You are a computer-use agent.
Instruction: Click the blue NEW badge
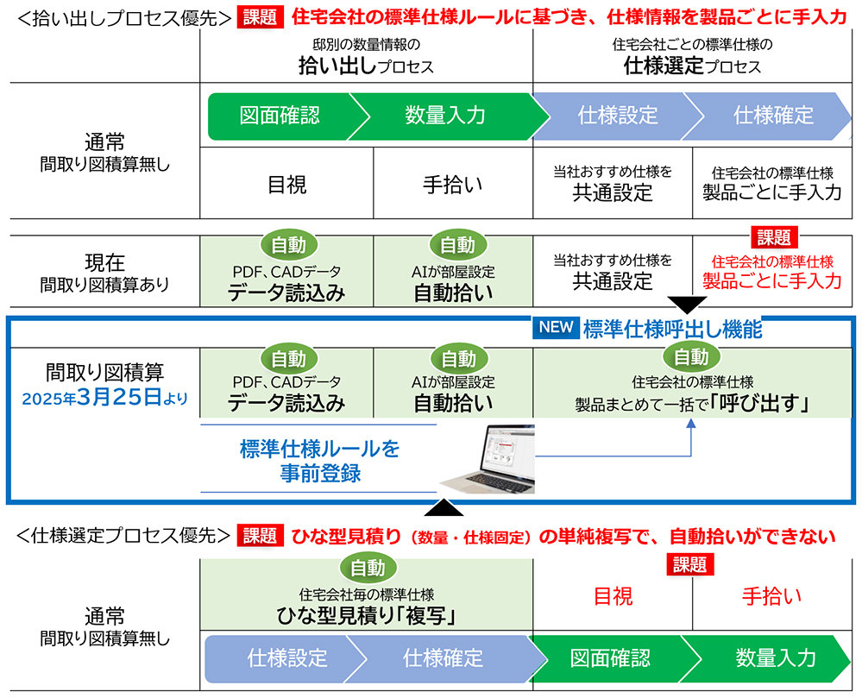tap(555, 328)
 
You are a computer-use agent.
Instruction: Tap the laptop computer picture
tap(488, 459)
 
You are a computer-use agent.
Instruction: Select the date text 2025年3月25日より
tap(104, 399)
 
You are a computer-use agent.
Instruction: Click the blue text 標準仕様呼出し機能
tap(672, 329)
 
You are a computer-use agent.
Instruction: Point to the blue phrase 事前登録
tap(319, 473)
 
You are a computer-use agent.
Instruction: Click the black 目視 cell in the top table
tap(287, 184)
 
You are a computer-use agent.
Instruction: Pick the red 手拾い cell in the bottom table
tap(771, 595)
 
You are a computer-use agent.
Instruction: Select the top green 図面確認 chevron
tap(278, 116)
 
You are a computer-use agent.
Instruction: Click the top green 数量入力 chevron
tap(445, 116)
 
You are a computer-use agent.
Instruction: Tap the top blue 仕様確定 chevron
tap(772, 116)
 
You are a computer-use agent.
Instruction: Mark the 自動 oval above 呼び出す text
tap(691, 357)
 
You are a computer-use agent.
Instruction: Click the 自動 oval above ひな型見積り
tap(368, 567)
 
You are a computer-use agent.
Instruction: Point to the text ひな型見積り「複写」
tap(366, 616)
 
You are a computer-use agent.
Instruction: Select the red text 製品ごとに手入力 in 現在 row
tap(771, 280)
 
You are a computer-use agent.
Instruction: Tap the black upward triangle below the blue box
tap(442, 507)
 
